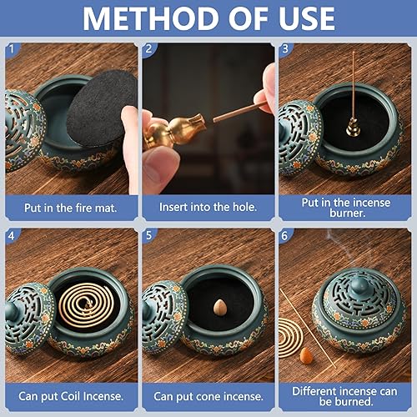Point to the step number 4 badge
[x=11, y=237]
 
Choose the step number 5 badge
[x=149, y=237]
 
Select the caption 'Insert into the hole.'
[x=208, y=205]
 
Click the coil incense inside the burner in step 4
[x=84, y=309]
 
